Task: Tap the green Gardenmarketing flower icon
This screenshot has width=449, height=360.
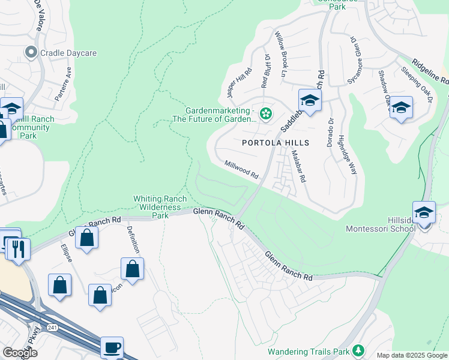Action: coord(265,112)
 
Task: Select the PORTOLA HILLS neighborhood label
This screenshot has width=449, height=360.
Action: coord(276,143)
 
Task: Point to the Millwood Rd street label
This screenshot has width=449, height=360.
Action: coord(241,169)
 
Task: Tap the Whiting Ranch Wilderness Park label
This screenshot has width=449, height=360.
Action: coord(157,206)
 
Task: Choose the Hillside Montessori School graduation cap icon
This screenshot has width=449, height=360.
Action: coord(424,213)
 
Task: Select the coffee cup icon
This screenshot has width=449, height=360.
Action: coord(112,346)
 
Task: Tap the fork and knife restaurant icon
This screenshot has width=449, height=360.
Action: coord(17,247)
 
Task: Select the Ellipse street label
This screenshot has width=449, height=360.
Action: coord(66,253)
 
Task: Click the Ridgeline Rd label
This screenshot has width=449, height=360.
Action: coord(430,70)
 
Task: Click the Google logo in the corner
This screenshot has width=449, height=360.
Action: coord(20,353)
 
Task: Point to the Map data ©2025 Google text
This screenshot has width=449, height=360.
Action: coord(412,355)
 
